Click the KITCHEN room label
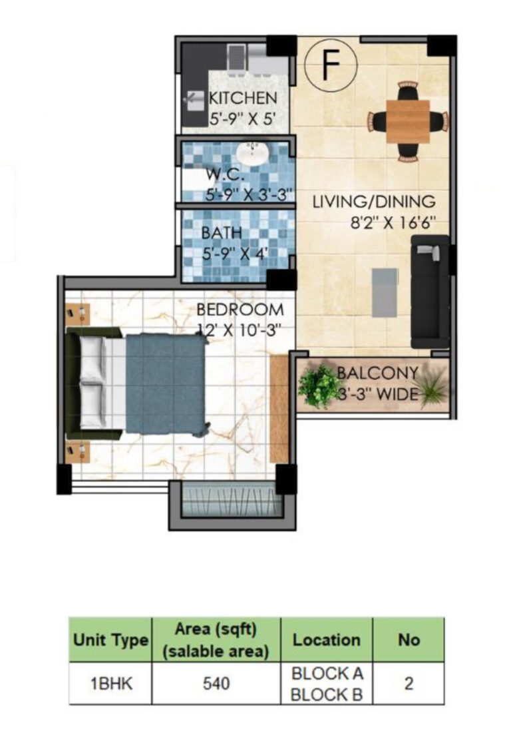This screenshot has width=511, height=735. coord(243,99)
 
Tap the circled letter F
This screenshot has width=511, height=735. coord(331,65)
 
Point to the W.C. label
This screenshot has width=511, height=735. coord(224,176)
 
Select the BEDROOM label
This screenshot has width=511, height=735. coord(240,310)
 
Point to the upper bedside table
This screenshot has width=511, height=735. coord(78,313)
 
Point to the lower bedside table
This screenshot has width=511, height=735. coord(78,452)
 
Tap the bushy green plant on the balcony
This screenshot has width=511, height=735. coord(319,385)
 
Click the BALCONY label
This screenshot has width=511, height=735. coord(378,373)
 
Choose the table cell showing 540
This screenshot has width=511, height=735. coord(216,684)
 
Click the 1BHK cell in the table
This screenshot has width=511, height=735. coord(110,684)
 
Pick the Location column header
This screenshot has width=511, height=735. coord(326,640)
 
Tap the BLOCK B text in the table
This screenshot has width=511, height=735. coord(327,695)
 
